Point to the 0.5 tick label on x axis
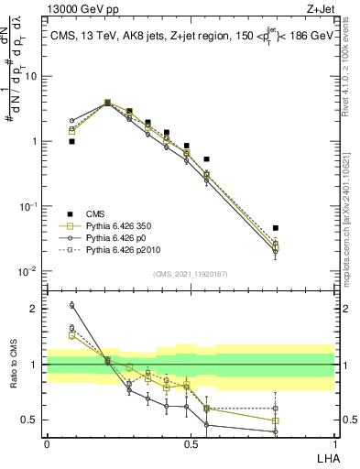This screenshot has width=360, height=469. (191, 443)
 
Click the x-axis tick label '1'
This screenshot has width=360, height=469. (333, 443)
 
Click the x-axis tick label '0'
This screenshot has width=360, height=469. (47, 443)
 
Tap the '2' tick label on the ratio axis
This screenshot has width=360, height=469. (36, 309)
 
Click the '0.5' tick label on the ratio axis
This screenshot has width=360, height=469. (31, 420)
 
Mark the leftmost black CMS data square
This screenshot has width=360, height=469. (71, 142)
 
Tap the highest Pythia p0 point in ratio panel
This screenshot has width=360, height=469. (71, 305)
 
